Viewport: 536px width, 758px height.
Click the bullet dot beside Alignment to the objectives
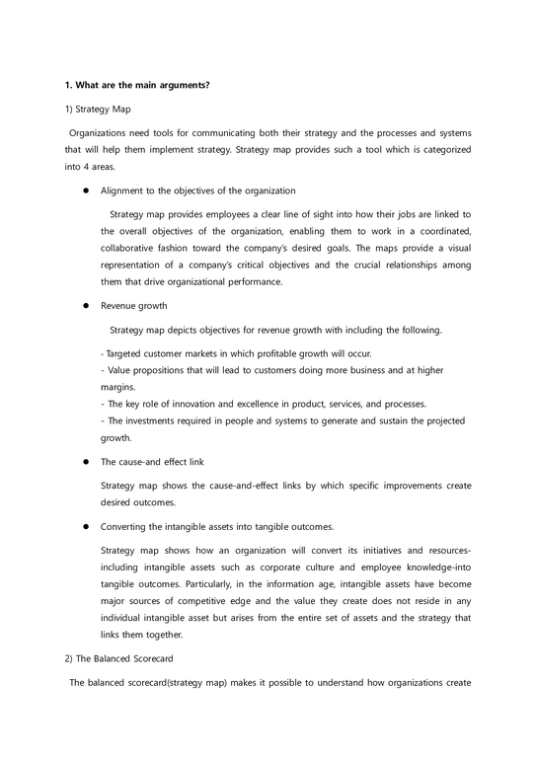87,190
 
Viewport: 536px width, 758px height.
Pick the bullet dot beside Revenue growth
87,306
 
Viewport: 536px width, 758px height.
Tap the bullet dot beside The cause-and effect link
87,462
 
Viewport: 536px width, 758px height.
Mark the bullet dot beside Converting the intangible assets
87,526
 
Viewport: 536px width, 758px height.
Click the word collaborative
132,247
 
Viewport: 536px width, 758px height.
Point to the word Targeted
129,352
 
